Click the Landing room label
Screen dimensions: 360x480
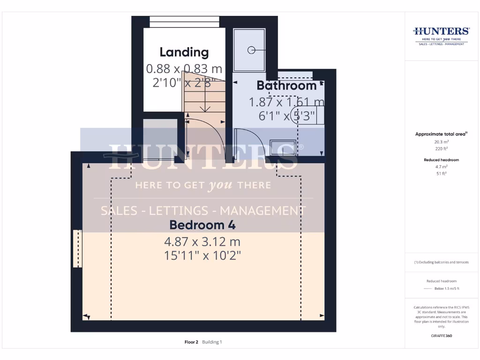184,52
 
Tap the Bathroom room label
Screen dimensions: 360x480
286,86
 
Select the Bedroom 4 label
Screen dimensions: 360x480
202,225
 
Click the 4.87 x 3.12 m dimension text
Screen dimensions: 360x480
202,242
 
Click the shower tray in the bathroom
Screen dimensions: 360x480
249,49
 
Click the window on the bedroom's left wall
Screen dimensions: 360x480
77,248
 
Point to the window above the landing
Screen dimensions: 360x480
184,22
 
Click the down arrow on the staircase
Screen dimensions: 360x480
205,107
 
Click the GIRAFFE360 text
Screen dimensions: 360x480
441,336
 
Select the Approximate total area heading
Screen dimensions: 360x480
441,134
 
